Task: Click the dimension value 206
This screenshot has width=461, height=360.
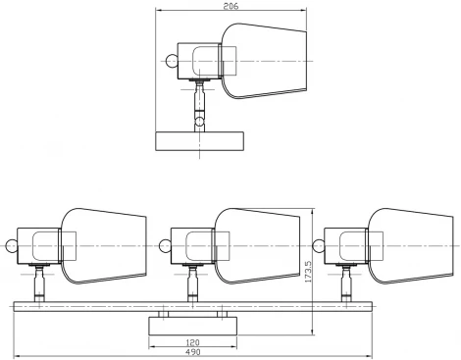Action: [230, 7]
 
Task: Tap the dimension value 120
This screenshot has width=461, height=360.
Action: [192, 343]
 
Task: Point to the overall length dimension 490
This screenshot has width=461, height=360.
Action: [192, 353]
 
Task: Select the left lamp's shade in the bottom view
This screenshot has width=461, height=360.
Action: [103, 244]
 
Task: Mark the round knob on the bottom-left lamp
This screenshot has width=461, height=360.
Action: [12, 244]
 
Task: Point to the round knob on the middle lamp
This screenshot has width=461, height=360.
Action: [165, 244]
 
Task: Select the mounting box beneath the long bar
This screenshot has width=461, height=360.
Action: [192, 326]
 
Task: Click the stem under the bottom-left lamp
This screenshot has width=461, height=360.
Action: [40, 287]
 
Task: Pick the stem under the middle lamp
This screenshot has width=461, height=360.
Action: [193, 287]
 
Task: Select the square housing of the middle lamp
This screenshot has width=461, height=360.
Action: [192, 244]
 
